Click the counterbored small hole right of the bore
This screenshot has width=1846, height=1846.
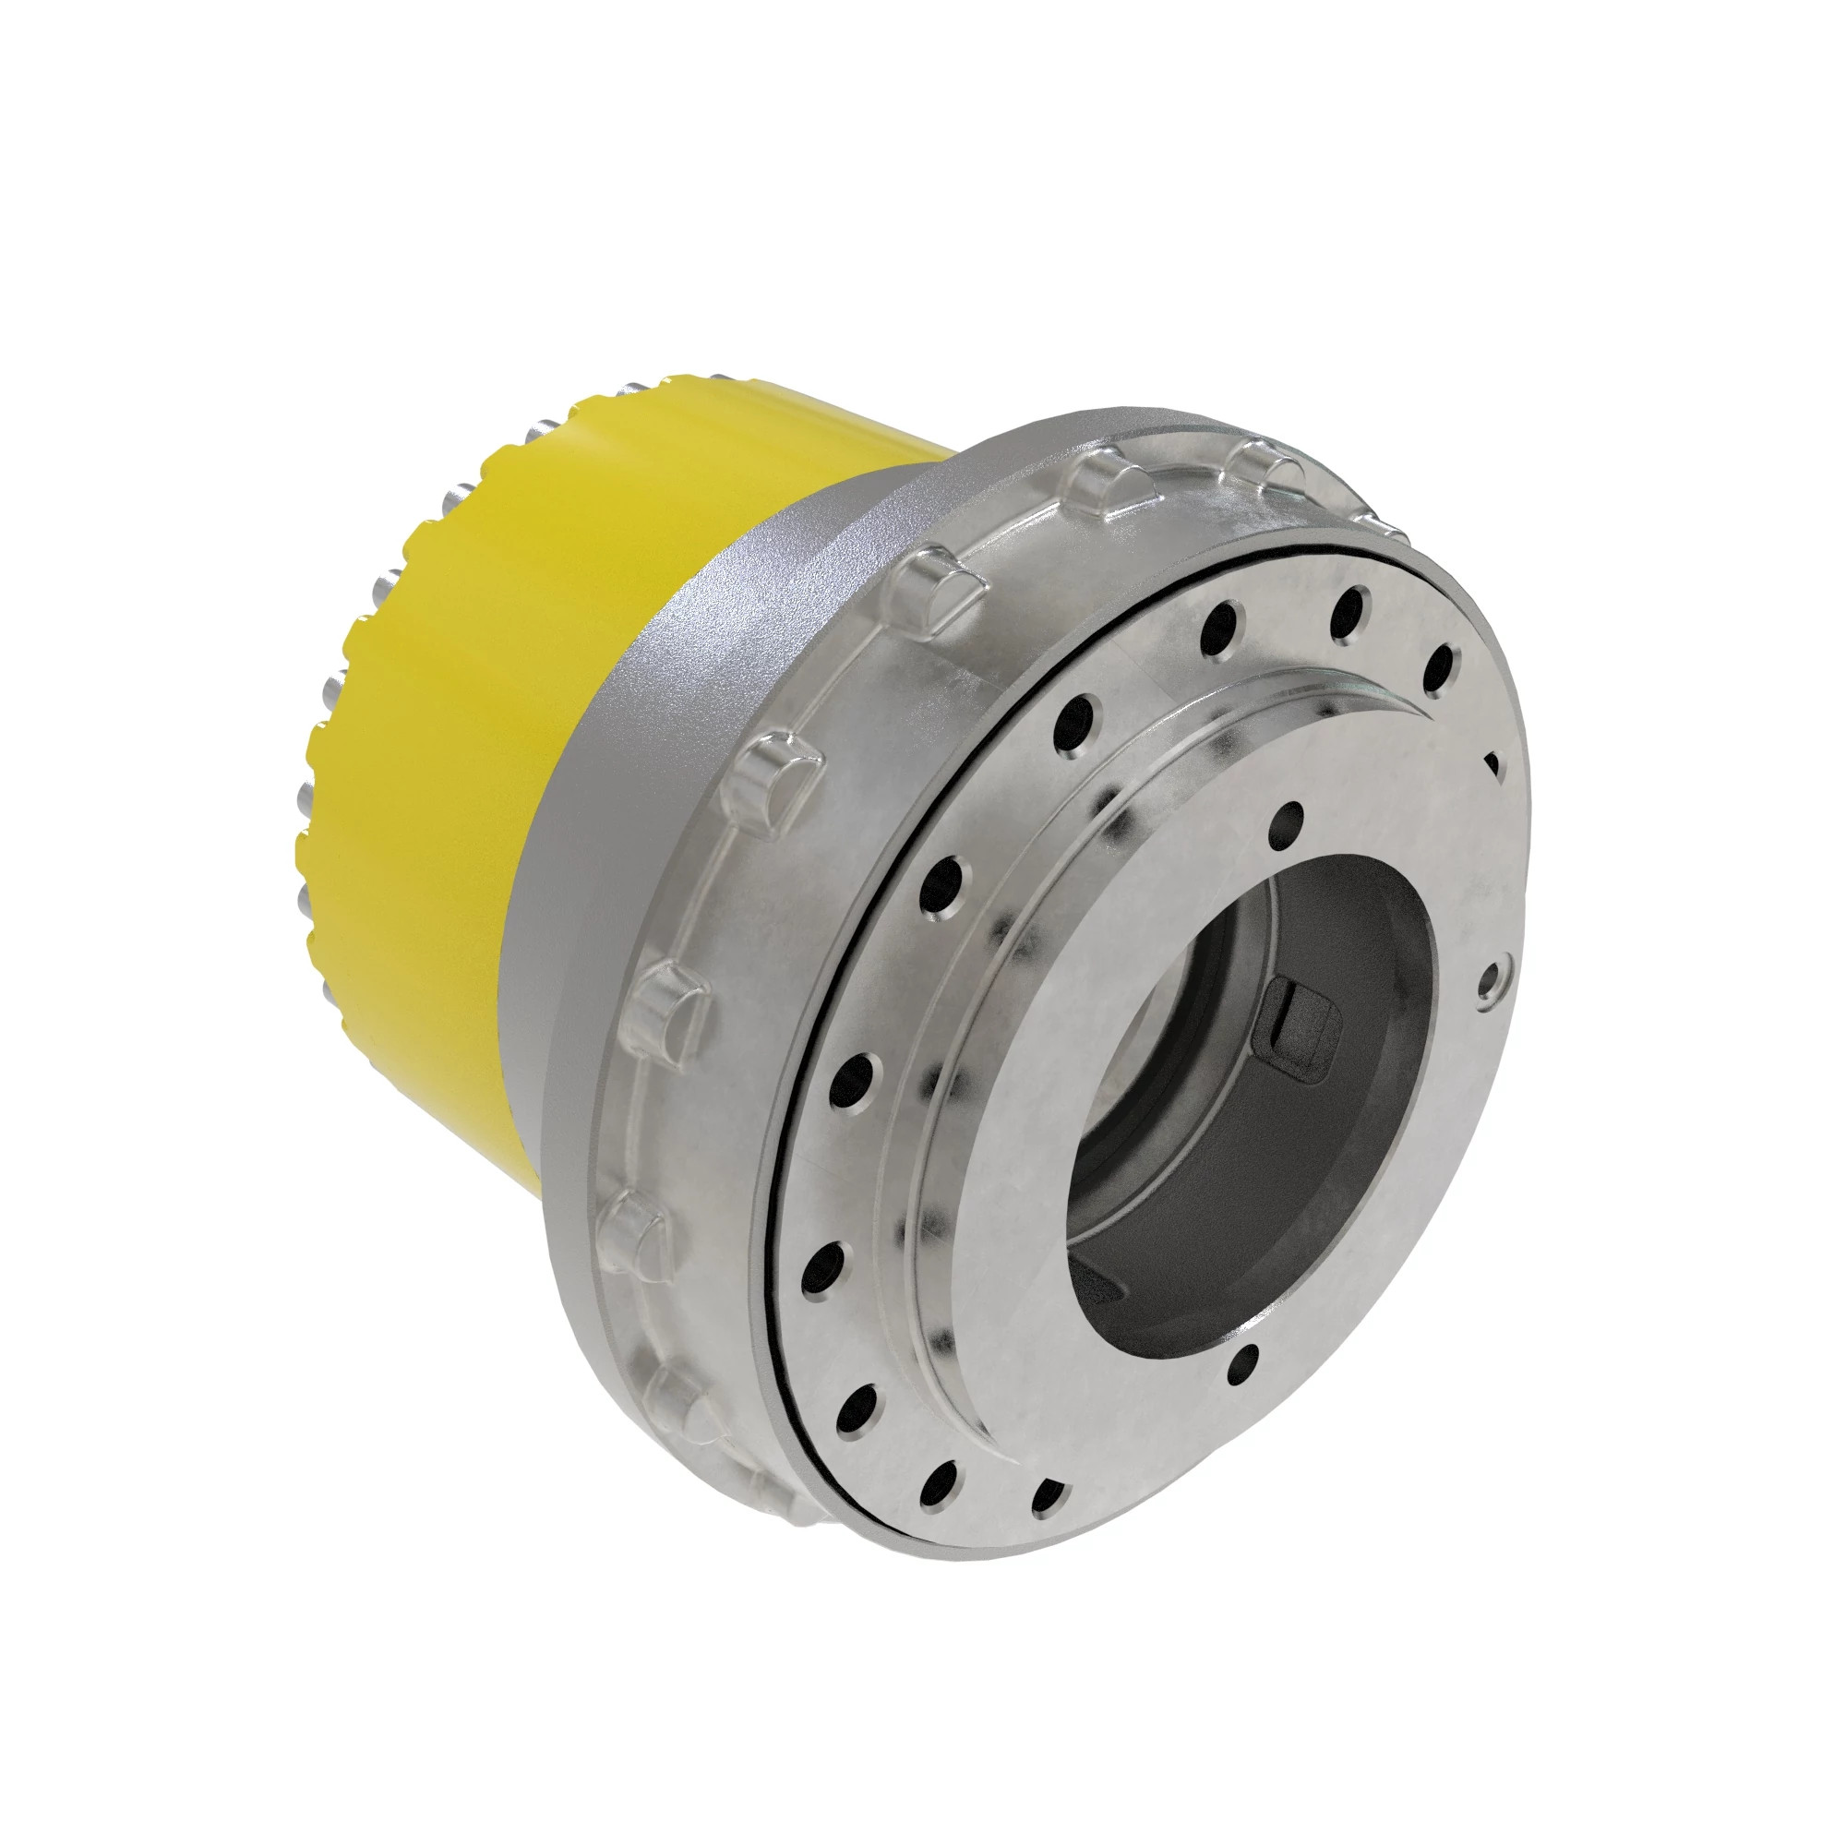tap(1492, 980)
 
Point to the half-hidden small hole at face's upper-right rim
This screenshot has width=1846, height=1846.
tap(1492, 764)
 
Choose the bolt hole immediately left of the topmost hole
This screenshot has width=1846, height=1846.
tap(1220, 627)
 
